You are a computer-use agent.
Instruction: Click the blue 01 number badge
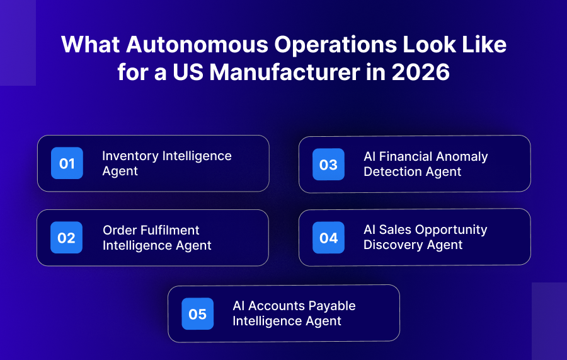pyautogui.click(x=67, y=163)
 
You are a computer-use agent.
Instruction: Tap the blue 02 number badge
pyautogui.click(x=66, y=238)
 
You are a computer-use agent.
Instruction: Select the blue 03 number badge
pyautogui.click(x=328, y=165)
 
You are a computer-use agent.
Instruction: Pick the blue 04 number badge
pyautogui.click(x=328, y=238)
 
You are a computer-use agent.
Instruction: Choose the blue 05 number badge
pyautogui.click(x=197, y=313)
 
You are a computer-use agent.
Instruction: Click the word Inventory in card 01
pyautogui.click(x=130, y=156)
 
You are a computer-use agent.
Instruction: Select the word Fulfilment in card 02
pyautogui.click(x=169, y=230)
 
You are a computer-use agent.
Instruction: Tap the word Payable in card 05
pyautogui.click(x=331, y=306)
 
